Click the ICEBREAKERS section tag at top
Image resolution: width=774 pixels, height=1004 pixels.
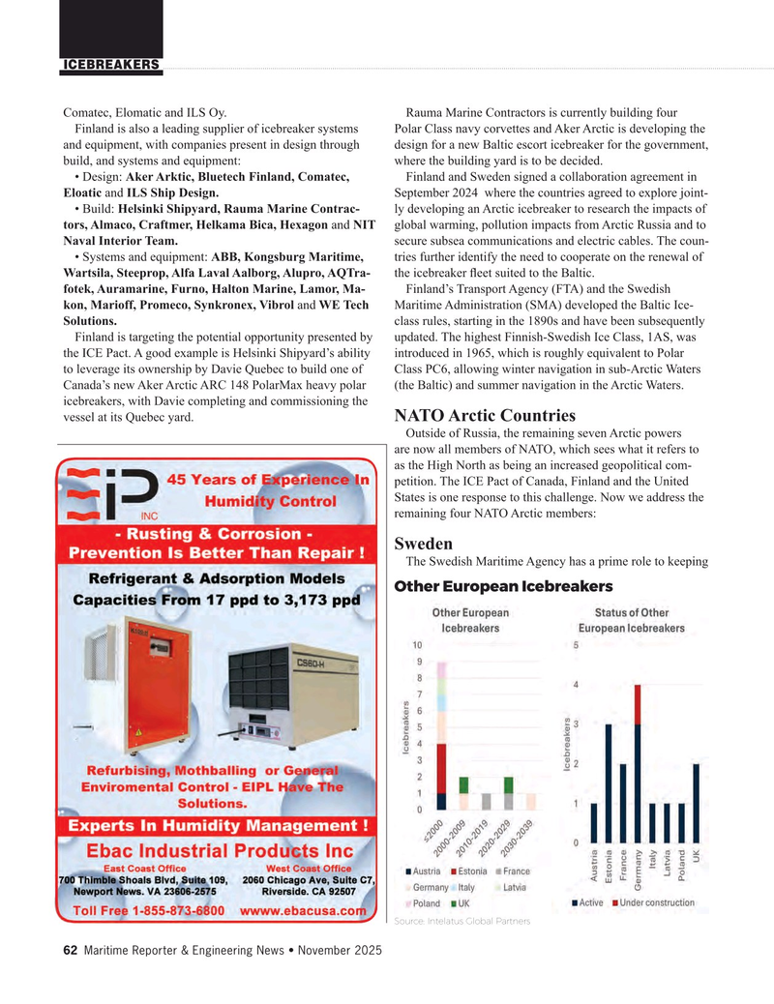tap(111, 65)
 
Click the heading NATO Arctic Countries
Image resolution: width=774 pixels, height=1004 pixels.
tap(486, 415)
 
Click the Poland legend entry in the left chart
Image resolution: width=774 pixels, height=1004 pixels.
tap(426, 903)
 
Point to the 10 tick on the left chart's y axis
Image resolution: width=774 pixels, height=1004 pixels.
tap(417, 645)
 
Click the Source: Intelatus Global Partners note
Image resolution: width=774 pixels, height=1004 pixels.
tap(462, 920)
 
